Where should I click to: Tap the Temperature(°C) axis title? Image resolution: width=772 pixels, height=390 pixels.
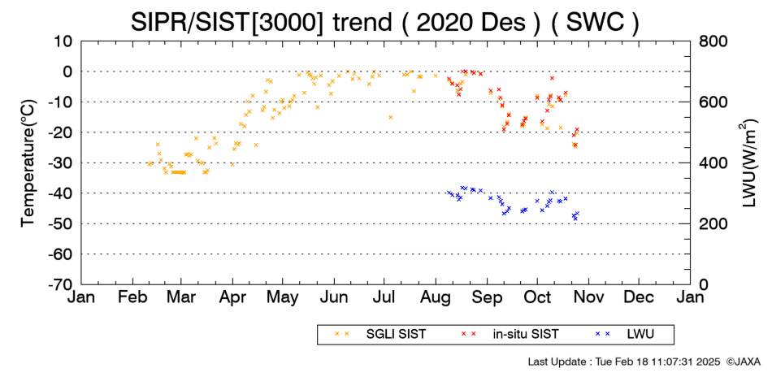[x=28, y=163]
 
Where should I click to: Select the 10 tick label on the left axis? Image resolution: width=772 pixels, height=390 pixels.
[x=63, y=41]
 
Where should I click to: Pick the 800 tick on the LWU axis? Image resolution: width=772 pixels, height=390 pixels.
[x=713, y=41]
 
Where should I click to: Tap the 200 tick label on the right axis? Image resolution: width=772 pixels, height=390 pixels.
[x=713, y=224]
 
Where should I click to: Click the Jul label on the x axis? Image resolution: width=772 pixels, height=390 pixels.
[x=384, y=297]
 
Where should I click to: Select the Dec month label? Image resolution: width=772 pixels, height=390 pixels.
[x=639, y=297]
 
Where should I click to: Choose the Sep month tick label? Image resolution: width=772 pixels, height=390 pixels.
[x=488, y=297]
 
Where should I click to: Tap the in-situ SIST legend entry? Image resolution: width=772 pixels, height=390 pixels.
[x=510, y=335]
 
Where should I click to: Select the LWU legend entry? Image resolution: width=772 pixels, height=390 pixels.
[x=625, y=335]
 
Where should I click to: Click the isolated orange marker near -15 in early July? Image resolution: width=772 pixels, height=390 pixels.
[x=390, y=117]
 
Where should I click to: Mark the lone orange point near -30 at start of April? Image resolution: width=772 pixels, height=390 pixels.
[x=232, y=164]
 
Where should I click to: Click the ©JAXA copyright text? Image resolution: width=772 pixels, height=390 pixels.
[x=744, y=362]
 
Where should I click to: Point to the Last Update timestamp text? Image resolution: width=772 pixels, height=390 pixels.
[x=624, y=362]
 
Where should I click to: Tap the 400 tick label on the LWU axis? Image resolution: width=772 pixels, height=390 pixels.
[x=713, y=163]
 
